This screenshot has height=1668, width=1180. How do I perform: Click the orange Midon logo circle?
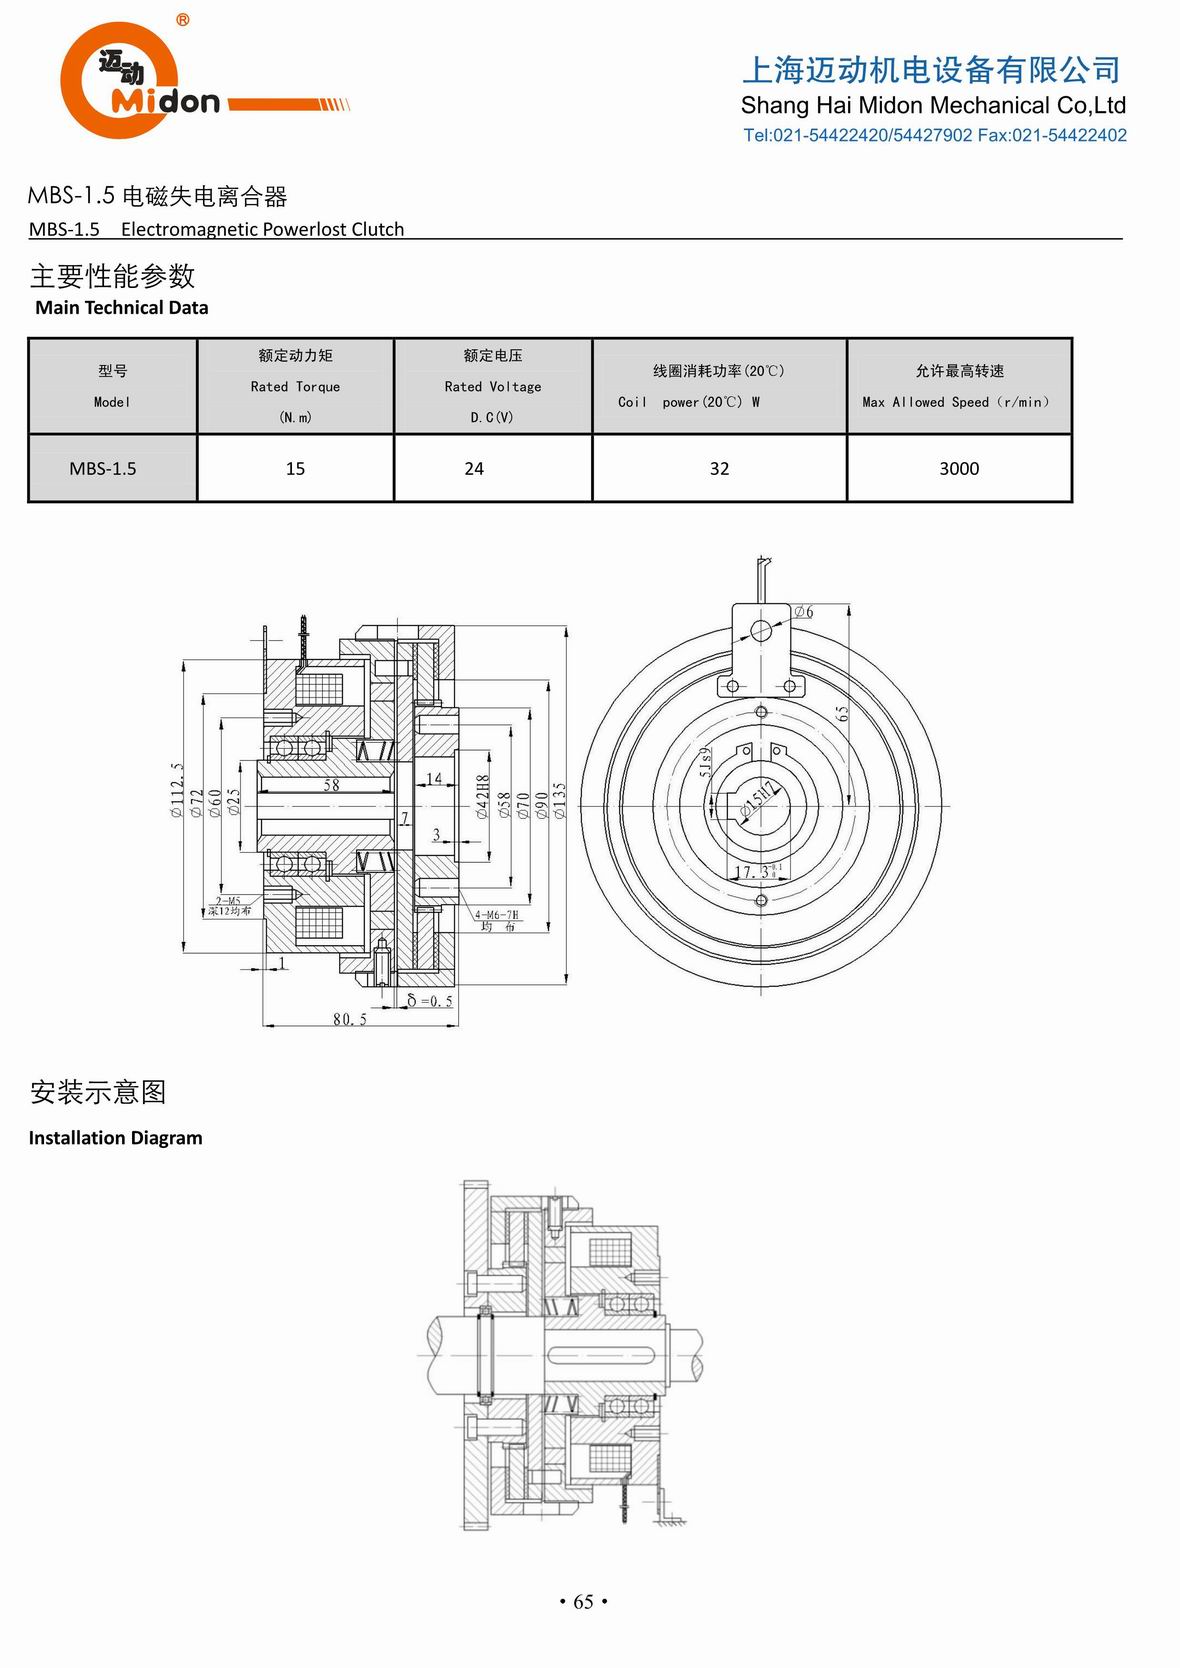118,80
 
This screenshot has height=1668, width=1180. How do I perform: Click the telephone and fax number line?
934,135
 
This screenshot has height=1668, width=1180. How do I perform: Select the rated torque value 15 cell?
295,468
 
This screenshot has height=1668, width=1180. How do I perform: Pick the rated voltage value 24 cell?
474,468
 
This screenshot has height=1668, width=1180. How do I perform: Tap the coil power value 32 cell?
719,468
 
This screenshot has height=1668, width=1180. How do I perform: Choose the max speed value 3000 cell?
958,468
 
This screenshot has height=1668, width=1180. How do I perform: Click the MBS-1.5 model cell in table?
103,468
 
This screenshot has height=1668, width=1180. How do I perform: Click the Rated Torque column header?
295,386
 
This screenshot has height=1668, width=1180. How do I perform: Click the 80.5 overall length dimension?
349,1019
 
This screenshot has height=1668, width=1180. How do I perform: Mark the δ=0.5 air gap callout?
430,1000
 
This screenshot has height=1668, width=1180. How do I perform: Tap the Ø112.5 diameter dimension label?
177,791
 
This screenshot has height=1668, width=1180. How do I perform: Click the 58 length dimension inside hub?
331,785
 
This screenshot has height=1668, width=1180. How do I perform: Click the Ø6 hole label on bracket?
804,612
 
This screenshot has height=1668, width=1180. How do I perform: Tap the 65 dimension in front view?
842,713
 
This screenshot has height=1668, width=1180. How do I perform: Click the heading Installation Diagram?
115,1137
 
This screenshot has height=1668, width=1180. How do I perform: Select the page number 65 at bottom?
583,1602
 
